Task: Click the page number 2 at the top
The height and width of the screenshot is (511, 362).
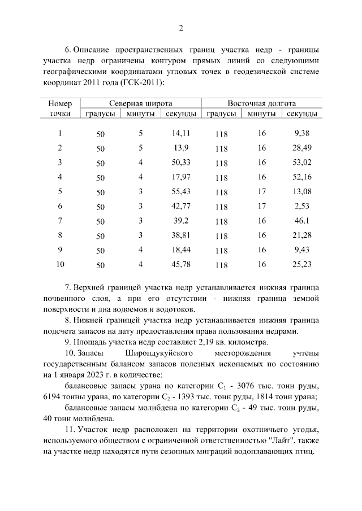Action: tap(181, 28)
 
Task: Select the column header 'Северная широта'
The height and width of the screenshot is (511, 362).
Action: tap(141, 103)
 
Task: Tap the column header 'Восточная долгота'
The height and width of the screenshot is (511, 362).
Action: tap(261, 103)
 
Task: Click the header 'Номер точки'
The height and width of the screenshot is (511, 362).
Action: tap(60, 108)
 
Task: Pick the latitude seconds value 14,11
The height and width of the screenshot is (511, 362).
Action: tap(180, 133)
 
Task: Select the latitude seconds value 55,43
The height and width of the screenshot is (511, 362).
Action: tap(180, 191)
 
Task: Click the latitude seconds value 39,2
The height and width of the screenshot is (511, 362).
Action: tap(180, 221)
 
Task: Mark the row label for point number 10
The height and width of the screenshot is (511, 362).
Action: tap(60, 264)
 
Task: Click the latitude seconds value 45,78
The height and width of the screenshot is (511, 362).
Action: tap(180, 264)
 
